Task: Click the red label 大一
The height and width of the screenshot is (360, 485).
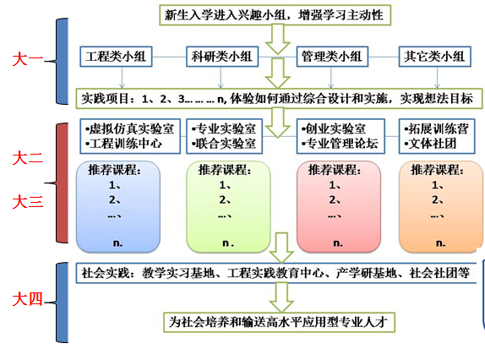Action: click(27, 59)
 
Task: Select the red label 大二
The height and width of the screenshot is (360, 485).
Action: click(27, 158)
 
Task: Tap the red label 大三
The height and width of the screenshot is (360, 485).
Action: click(27, 201)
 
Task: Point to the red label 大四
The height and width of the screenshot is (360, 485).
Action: click(27, 299)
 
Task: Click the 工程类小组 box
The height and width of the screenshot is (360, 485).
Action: click(116, 57)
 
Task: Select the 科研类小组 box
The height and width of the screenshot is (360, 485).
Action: click(222, 57)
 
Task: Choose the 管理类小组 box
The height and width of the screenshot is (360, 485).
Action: click(332, 57)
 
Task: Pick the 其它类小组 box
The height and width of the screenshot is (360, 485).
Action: click(434, 57)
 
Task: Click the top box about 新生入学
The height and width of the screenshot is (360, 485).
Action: click(275, 15)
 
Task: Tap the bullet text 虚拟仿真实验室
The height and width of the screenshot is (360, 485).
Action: click(130, 128)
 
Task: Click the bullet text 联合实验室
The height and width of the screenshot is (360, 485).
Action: click(224, 144)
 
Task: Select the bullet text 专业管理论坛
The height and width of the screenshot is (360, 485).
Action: click(340, 144)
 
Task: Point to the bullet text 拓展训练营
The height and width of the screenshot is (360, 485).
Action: click(436, 128)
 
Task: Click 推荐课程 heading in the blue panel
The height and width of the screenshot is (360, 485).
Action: click(114, 170)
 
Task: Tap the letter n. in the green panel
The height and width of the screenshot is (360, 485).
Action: click(228, 243)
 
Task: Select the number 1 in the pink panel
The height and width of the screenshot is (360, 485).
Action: click(333, 185)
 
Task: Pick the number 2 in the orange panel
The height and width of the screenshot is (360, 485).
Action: click(435, 199)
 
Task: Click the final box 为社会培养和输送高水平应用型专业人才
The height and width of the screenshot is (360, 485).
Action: click(279, 322)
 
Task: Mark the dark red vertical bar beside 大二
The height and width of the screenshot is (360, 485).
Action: click(63, 183)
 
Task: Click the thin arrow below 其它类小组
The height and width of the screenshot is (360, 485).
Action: click(437, 78)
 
